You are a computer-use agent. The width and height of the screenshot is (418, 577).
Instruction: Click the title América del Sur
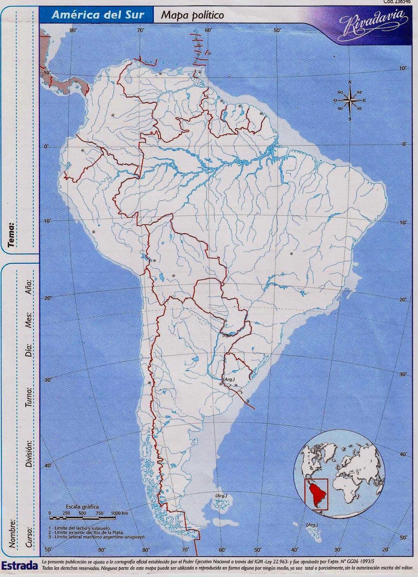click(98, 15)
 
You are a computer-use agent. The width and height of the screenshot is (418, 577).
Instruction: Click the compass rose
click(349, 100)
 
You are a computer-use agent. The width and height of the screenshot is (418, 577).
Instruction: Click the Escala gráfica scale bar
click(82, 518)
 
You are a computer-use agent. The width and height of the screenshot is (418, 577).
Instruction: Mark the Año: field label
click(29, 286)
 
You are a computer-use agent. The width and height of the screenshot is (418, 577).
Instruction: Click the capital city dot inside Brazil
click(291, 254)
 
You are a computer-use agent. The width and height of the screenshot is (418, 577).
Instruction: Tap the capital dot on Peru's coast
click(93, 232)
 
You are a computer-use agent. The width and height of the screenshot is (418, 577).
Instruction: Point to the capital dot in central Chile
click(149, 383)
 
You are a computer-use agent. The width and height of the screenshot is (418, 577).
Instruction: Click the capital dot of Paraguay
click(226, 321)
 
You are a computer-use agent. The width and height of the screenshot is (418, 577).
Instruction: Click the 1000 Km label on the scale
click(119, 513)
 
